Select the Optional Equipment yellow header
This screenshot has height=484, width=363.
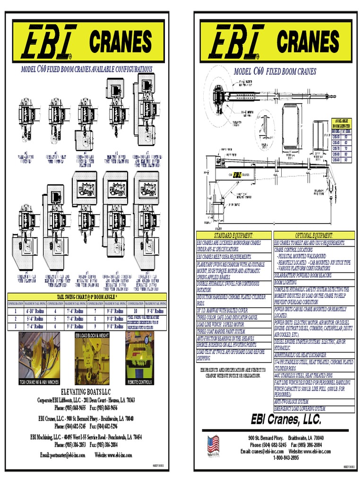pyautogui.click(x=314, y=235)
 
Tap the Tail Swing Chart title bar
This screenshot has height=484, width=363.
pyautogui.click(x=87, y=296)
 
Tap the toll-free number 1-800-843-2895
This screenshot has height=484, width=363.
pyautogui.click(x=275, y=458)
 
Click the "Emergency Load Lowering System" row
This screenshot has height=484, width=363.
pyautogui.click(x=300, y=408)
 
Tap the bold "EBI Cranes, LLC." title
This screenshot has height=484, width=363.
pyautogui.click(x=286, y=419)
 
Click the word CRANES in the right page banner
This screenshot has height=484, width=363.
pyautogui.click(x=308, y=42)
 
